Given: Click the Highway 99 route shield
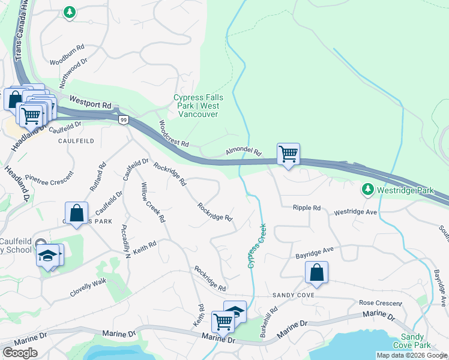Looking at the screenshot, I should tap(122, 120).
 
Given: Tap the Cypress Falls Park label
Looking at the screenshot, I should tap(198, 106).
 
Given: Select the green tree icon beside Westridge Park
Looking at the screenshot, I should tap(367, 190).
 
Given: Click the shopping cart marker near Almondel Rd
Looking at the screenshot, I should tap(288, 154).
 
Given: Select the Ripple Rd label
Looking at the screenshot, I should tap(307, 208).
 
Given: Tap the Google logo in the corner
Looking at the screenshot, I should tap(20, 353).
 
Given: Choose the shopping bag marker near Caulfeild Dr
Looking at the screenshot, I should tap(77, 213).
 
